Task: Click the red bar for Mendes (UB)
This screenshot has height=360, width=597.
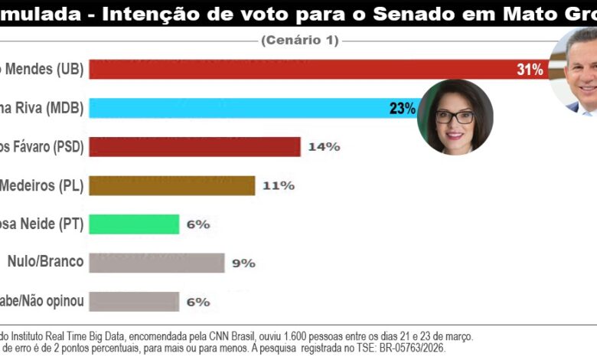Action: point(306,69)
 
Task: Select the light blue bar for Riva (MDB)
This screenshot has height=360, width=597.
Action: point(245,108)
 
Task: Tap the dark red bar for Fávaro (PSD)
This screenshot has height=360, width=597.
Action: point(194,146)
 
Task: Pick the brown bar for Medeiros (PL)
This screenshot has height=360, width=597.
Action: point(171,185)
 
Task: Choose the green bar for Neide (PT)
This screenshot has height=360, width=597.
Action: point(134,224)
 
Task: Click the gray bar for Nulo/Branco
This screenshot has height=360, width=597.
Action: point(157,263)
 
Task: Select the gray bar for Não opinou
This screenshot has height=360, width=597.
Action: point(134,301)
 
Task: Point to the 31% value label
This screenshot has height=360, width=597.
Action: point(530,70)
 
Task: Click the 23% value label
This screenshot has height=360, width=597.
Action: point(402,108)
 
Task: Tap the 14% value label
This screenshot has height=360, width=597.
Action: point(323,146)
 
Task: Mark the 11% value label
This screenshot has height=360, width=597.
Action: point(278,185)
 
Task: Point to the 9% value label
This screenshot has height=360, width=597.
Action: point(243,263)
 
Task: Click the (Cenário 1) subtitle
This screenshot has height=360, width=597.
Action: point(299,41)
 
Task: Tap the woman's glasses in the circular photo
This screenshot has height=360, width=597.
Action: point(455,117)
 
